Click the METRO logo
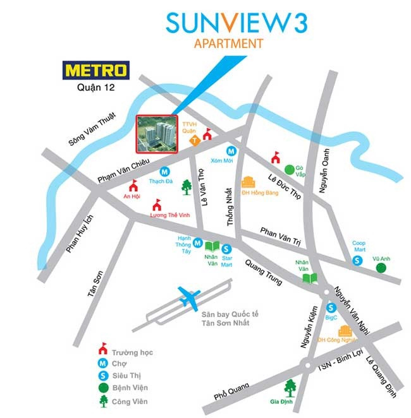click(95, 69)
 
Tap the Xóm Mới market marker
click(232, 151)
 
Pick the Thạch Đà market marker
click(164, 171)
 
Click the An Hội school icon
click(133, 186)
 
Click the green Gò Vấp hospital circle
click(290, 169)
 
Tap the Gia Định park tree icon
click(291, 386)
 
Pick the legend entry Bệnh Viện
click(130, 387)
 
